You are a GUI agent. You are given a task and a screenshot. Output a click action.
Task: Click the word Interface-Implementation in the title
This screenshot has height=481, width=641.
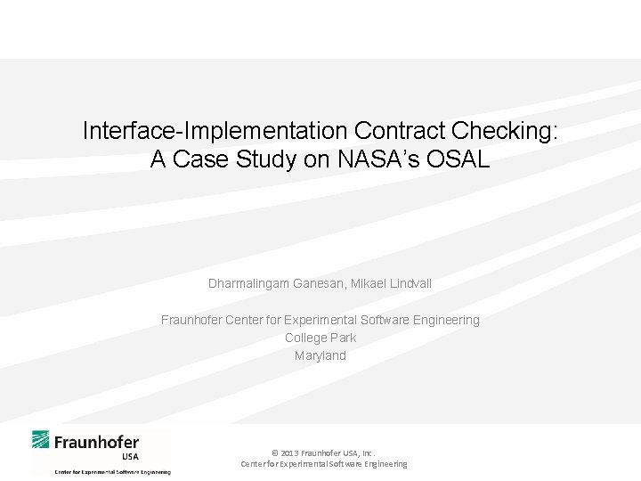click(215, 131)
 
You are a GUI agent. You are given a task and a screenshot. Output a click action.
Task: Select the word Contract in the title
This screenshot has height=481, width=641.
click(400, 130)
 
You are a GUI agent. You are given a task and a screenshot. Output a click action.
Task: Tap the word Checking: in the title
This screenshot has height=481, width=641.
click(505, 131)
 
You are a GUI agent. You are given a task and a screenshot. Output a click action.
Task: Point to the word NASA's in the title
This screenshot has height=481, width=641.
click(378, 159)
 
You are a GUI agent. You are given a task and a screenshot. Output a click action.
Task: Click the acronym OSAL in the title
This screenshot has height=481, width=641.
click(458, 159)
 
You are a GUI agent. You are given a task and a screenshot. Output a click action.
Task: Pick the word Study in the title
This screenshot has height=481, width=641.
click(266, 159)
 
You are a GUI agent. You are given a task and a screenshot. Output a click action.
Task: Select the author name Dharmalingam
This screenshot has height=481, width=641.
click(248, 284)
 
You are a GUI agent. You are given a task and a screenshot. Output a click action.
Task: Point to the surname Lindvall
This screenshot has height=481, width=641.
click(410, 283)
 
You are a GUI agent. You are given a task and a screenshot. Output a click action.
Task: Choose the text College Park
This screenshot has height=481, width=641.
click(320, 338)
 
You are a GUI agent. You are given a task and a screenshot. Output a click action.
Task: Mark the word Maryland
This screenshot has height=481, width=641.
click(320, 355)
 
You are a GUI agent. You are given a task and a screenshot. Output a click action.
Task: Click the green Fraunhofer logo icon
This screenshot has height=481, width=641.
click(40, 440)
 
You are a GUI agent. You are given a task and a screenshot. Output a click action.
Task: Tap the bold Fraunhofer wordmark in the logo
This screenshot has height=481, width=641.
click(96, 442)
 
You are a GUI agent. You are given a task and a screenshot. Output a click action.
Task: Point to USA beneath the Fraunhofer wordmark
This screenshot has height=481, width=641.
click(130, 457)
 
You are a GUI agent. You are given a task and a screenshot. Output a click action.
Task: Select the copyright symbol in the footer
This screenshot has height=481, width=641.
click(275, 453)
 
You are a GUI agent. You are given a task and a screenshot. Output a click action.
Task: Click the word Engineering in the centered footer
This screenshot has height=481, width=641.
click(385, 464)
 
